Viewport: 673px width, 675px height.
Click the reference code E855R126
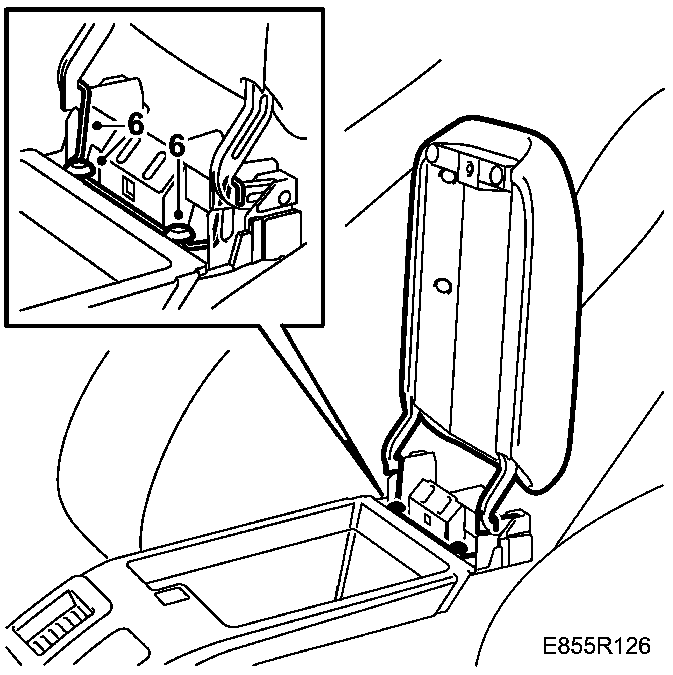tap(596, 645)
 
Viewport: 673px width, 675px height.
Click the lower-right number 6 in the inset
tap(176, 146)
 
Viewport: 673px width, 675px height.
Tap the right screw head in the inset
tap(180, 231)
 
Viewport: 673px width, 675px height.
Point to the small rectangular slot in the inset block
tap(129, 187)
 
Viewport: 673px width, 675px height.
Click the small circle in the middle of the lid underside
tap(443, 285)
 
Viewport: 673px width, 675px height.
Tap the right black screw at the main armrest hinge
tap(459, 547)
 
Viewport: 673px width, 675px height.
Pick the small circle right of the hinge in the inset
tap(285, 197)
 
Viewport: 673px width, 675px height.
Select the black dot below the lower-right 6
tap(179, 215)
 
